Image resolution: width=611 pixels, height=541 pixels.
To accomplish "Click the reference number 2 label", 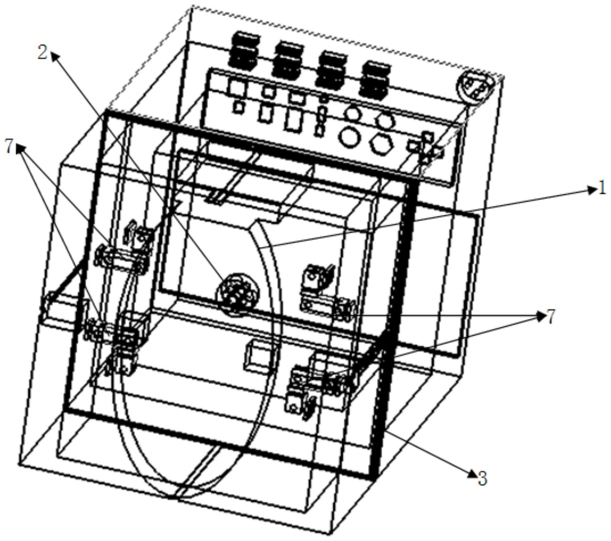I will (x=43, y=53).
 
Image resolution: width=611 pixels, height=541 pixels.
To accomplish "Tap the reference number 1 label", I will (x=602, y=188).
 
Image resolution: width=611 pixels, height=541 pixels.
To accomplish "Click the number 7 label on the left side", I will (x=10, y=146).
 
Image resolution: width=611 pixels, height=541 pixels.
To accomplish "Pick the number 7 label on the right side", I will (x=550, y=317).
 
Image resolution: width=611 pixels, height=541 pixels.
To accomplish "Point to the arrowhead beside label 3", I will (x=472, y=472).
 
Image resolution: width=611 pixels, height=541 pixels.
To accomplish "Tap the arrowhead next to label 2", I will (x=55, y=56).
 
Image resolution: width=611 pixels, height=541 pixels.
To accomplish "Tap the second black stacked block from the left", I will (x=288, y=59).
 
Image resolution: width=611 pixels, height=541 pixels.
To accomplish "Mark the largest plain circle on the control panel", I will (x=350, y=136).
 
